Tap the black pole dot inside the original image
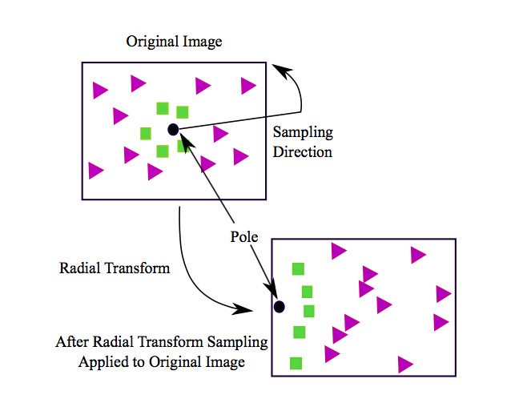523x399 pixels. pyautogui.click(x=173, y=129)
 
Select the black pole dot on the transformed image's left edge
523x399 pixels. pyautogui.click(x=279, y=306)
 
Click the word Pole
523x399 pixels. pyautogui.click(x=245, y=237)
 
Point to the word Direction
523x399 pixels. pyautogui.click(x=303, y=151)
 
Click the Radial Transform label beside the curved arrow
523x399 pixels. pyautogui.click(x=115, y=268)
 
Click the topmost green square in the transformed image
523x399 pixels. pyautogui.click(x=298, y=269)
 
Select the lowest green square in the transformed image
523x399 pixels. pyautogui.click(x=296, y=362)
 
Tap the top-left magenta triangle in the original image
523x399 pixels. pyautogui.click(x=100, y=90)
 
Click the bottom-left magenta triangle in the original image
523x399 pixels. pyautogui.click(x=96, y=171)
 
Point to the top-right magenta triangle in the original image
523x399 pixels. pyautogui.click(x=248, y=86)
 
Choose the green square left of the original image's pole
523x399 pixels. pyautogui.click(x=146, y=133)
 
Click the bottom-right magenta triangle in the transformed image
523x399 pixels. pyautogui.click(x=405, y=365)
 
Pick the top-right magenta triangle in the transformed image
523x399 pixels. pyautogui.click(x=417, y=255)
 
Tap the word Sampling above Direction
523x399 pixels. pyautogui.click(x=303, y=133)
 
